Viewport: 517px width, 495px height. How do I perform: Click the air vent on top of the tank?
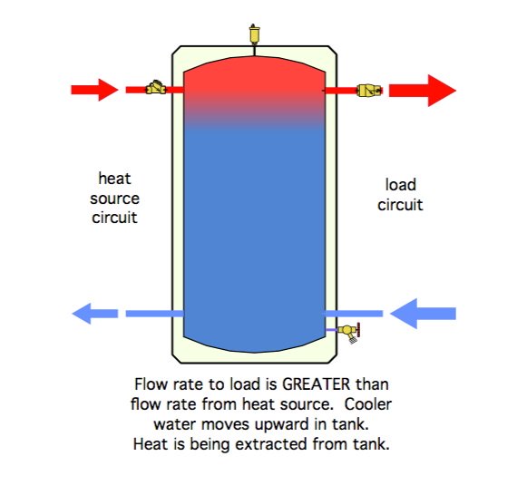click(255, 34)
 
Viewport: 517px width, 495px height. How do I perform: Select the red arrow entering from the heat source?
click(94, 90)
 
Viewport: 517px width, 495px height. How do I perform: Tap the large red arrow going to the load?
click(423, 91)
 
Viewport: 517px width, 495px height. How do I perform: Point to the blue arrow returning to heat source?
click(95, 314)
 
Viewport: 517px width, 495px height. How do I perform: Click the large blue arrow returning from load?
click(423, 314)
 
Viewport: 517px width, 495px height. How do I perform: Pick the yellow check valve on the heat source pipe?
click(156, 88)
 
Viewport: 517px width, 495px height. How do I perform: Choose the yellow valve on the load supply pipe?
click(369, 90)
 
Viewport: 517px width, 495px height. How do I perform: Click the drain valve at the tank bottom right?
click(350, 332)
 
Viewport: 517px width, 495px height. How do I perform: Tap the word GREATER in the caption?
click(317, 384)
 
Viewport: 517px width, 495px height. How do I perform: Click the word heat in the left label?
click(115, 179)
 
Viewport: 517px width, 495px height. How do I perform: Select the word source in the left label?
click(115, 199)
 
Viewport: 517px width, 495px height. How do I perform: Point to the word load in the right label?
click(401, 185)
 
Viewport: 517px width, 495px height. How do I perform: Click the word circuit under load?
click(400, 205)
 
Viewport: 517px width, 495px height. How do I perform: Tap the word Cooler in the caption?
click(368, 404)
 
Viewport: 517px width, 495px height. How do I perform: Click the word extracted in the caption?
click(272, 444)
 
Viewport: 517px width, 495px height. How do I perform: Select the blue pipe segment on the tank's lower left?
click(154, 314)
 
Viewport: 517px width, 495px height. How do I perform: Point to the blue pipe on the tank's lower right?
click(354, 314)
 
